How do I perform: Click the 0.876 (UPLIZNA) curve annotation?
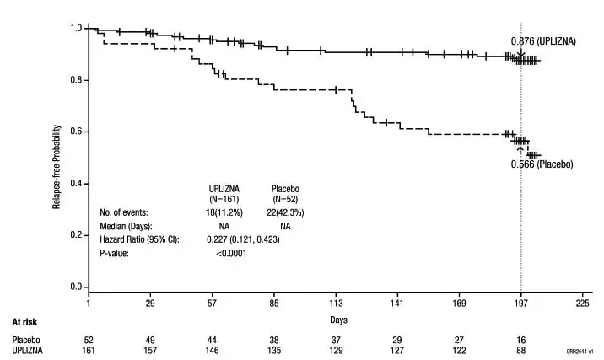[x=543, y=40]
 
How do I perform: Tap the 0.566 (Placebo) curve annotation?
[x=542, y=164]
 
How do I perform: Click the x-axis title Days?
[x=338, y=320]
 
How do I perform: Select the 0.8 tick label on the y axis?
[x=75, y=80]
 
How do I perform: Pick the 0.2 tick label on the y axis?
[x=75, y=235]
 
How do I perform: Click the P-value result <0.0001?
[x=230, y=254]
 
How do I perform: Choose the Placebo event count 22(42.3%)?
[x=285, y=213]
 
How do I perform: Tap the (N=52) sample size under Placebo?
[x=285, y=200]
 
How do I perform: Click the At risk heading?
[x=24, y=321]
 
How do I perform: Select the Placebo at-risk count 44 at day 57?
[x=213, y=338]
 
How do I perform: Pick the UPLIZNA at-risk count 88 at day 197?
[x=520, y=349]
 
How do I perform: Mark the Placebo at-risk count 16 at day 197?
[x=520, y=338]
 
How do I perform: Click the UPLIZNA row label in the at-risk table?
[x=27, y=349]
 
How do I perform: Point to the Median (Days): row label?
[x=129, y=227]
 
